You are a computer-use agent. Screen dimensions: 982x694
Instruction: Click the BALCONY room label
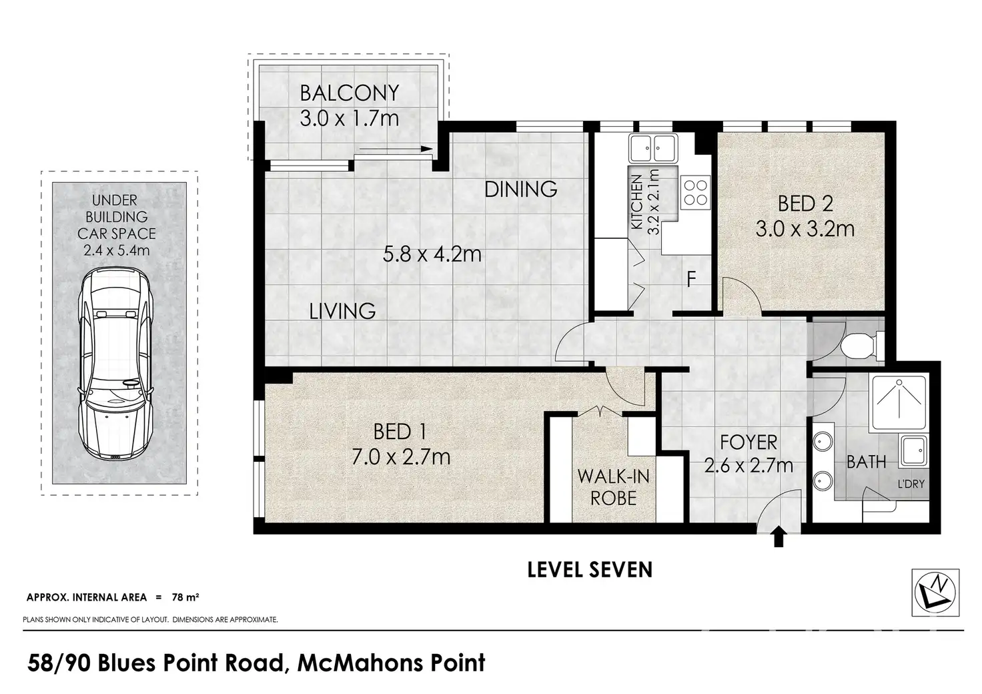350,93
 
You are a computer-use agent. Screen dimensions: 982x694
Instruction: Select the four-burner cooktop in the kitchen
695,192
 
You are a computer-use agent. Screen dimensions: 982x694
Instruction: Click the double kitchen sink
652,149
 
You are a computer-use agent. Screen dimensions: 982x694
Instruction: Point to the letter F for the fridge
691,279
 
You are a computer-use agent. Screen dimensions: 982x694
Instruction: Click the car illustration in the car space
115,364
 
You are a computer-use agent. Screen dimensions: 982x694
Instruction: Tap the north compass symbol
935,593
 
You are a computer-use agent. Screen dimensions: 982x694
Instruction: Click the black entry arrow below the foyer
778,537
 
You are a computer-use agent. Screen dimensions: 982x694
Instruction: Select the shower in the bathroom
899,402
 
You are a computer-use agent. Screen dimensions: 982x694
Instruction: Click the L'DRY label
911,484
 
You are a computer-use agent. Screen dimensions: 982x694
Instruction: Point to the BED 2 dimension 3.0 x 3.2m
805,230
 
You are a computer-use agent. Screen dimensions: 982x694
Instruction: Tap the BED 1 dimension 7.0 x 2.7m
401,457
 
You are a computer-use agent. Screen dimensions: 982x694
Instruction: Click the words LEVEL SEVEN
590,570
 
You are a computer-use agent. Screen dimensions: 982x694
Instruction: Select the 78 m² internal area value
185,597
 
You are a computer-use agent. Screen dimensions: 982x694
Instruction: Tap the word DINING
521,190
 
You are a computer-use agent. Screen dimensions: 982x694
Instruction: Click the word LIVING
342,312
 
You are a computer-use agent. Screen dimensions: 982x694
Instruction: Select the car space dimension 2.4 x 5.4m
116,251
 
